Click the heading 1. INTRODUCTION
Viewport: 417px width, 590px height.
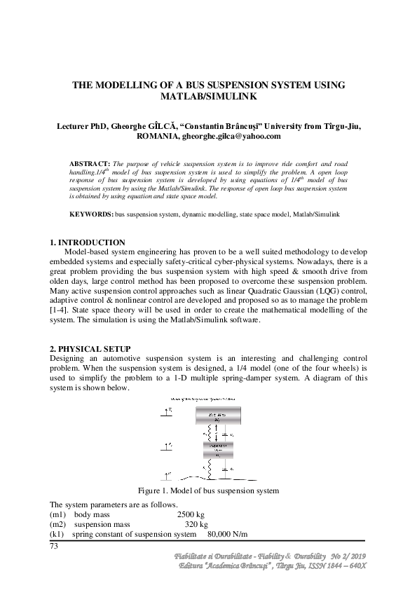[x=88, y=242]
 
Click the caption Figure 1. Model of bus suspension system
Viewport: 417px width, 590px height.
[x=209, y=490]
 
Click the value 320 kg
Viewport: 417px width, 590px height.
[x=196, y=524]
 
